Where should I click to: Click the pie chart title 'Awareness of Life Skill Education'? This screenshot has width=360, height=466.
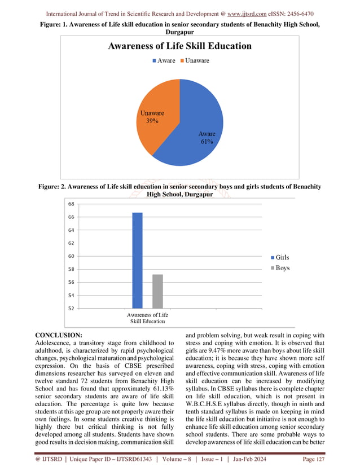point(179,46)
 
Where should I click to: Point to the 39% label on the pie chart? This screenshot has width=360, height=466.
point(152,121)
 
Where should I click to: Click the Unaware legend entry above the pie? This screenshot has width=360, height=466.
point(194,60)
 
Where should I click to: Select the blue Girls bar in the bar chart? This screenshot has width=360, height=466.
point(137,260)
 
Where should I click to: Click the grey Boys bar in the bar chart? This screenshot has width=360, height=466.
point(157,291)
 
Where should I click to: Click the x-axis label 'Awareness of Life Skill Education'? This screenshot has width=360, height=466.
point(147,318)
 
